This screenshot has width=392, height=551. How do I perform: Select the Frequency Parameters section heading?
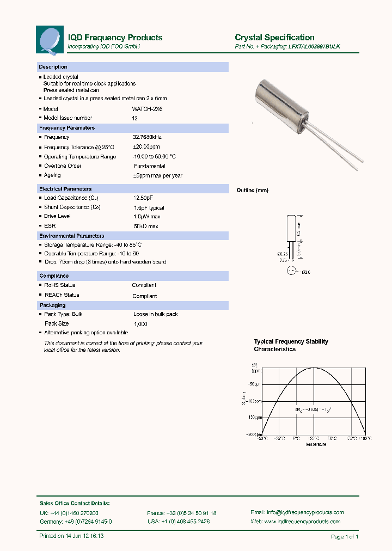67,128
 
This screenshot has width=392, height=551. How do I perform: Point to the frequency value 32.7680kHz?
148,138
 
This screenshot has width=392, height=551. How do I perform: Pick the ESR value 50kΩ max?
146,226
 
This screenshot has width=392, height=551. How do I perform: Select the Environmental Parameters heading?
72,236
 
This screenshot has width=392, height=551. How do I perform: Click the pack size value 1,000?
140,324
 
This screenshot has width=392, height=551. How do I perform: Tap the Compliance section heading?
54,276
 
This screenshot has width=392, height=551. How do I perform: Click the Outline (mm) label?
252,191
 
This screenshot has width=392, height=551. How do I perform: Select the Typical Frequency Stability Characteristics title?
291,345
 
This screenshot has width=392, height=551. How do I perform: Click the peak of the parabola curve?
314,368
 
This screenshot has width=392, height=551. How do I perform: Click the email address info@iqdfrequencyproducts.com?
305,512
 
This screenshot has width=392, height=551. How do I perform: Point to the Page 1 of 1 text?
344,537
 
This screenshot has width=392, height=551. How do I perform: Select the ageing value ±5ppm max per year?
158,175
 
